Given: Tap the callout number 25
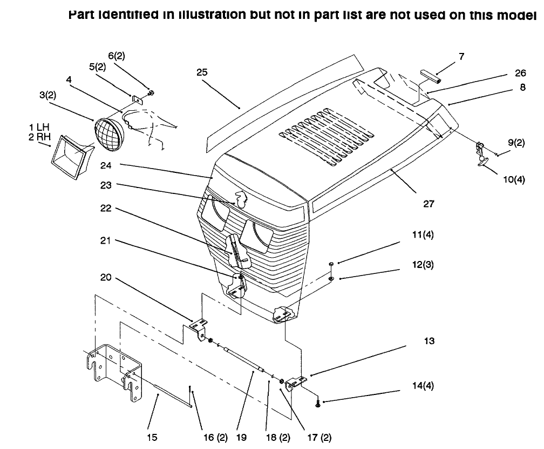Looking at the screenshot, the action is click(x=202, y=72).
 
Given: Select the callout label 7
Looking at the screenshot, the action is click(x=461, y=56).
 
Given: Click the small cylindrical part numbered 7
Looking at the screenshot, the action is click(x=431, y=76).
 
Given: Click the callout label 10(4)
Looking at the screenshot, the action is click(x=514, y=179).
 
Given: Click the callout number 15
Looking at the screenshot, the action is click(x=152, y=437).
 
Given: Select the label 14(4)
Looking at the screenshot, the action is click(x=423, y=385).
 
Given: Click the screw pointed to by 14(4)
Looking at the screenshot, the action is click(x=318, y=404).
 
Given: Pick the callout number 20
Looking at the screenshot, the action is click(x=106, y=277).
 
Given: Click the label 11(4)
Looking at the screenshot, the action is click(x=423, y=234).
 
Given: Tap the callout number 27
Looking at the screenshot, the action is click(x=429, y=204).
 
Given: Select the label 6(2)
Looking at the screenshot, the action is click(x=117, y=56).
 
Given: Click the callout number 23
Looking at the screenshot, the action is click(x=106, y=185).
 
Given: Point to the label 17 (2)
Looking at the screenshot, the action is click(x=319, y=438).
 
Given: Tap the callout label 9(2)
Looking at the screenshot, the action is click(x=516, y=143).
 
